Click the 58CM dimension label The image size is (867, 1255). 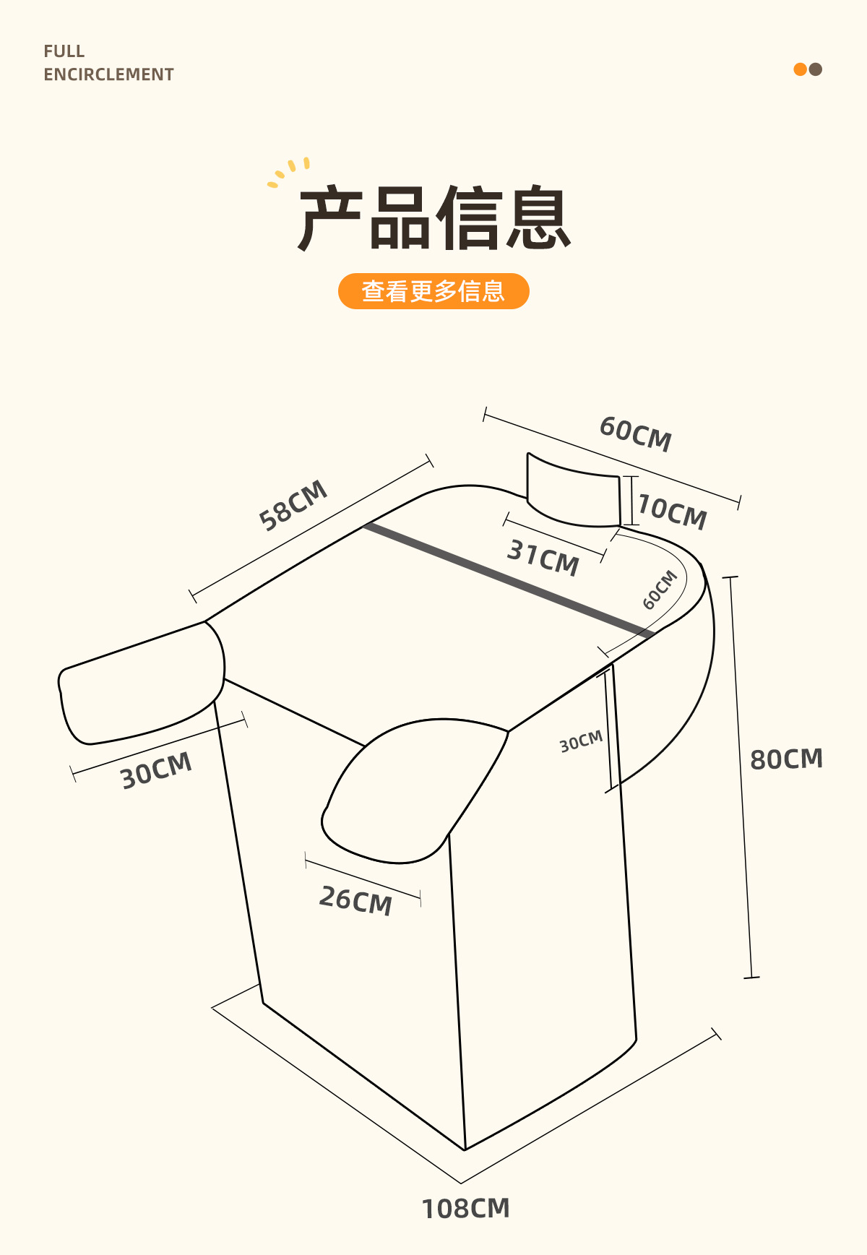[293, 505]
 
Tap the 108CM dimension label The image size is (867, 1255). [465, 1208]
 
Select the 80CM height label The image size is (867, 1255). [786, 759]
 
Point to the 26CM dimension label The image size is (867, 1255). [355, 900]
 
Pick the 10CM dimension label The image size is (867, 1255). [673, 512]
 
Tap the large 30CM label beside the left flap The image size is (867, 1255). [156, 770]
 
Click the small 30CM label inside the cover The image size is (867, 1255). [581, 741]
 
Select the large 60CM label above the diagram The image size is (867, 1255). [636, 434]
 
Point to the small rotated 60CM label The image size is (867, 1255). [660, 590]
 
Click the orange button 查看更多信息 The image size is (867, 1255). [433, 291]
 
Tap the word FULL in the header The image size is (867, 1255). [64, 51]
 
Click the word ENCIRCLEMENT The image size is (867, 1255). [108, 74]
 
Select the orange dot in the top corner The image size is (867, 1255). [800, 69]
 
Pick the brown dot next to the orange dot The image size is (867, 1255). [816, 69]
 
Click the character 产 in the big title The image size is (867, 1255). [329, 218]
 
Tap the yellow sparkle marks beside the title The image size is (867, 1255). [289, 172]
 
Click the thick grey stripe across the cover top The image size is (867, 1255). [506, 578]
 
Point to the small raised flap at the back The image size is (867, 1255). [574, 491]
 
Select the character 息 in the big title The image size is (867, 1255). [538, 218]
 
